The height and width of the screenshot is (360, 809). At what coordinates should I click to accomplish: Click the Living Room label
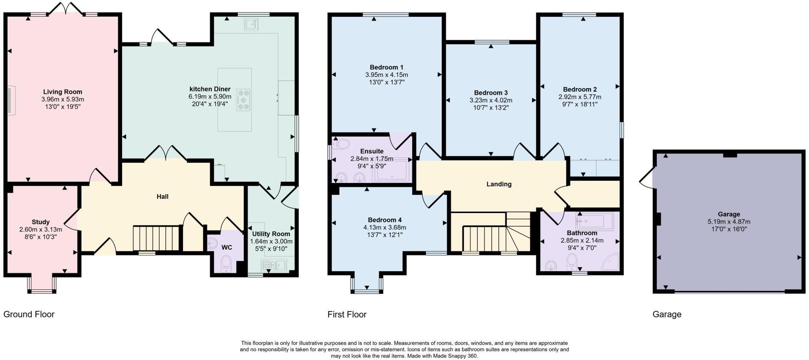click(x=63, y=92)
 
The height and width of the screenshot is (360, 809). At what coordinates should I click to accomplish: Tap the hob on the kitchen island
click(x=244, y=100)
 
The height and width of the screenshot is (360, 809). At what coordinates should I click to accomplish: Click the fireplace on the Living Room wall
click(x=10, y=100)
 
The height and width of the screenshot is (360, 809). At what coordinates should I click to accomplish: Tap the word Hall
click(x=162, y=197)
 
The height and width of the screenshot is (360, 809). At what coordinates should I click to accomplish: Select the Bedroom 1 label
click(x=387, y=67)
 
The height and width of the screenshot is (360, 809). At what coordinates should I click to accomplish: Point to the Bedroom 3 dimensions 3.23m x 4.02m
click(x=491, y=100)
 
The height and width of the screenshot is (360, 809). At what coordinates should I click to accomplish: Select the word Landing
click(x=499, y=184)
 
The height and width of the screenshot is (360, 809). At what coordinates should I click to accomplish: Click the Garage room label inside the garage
click(x=729, y=214)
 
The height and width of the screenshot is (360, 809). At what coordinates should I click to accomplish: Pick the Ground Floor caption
click(x=29, y=314)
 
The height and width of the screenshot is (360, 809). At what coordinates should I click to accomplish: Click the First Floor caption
click(x=347, y=314)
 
